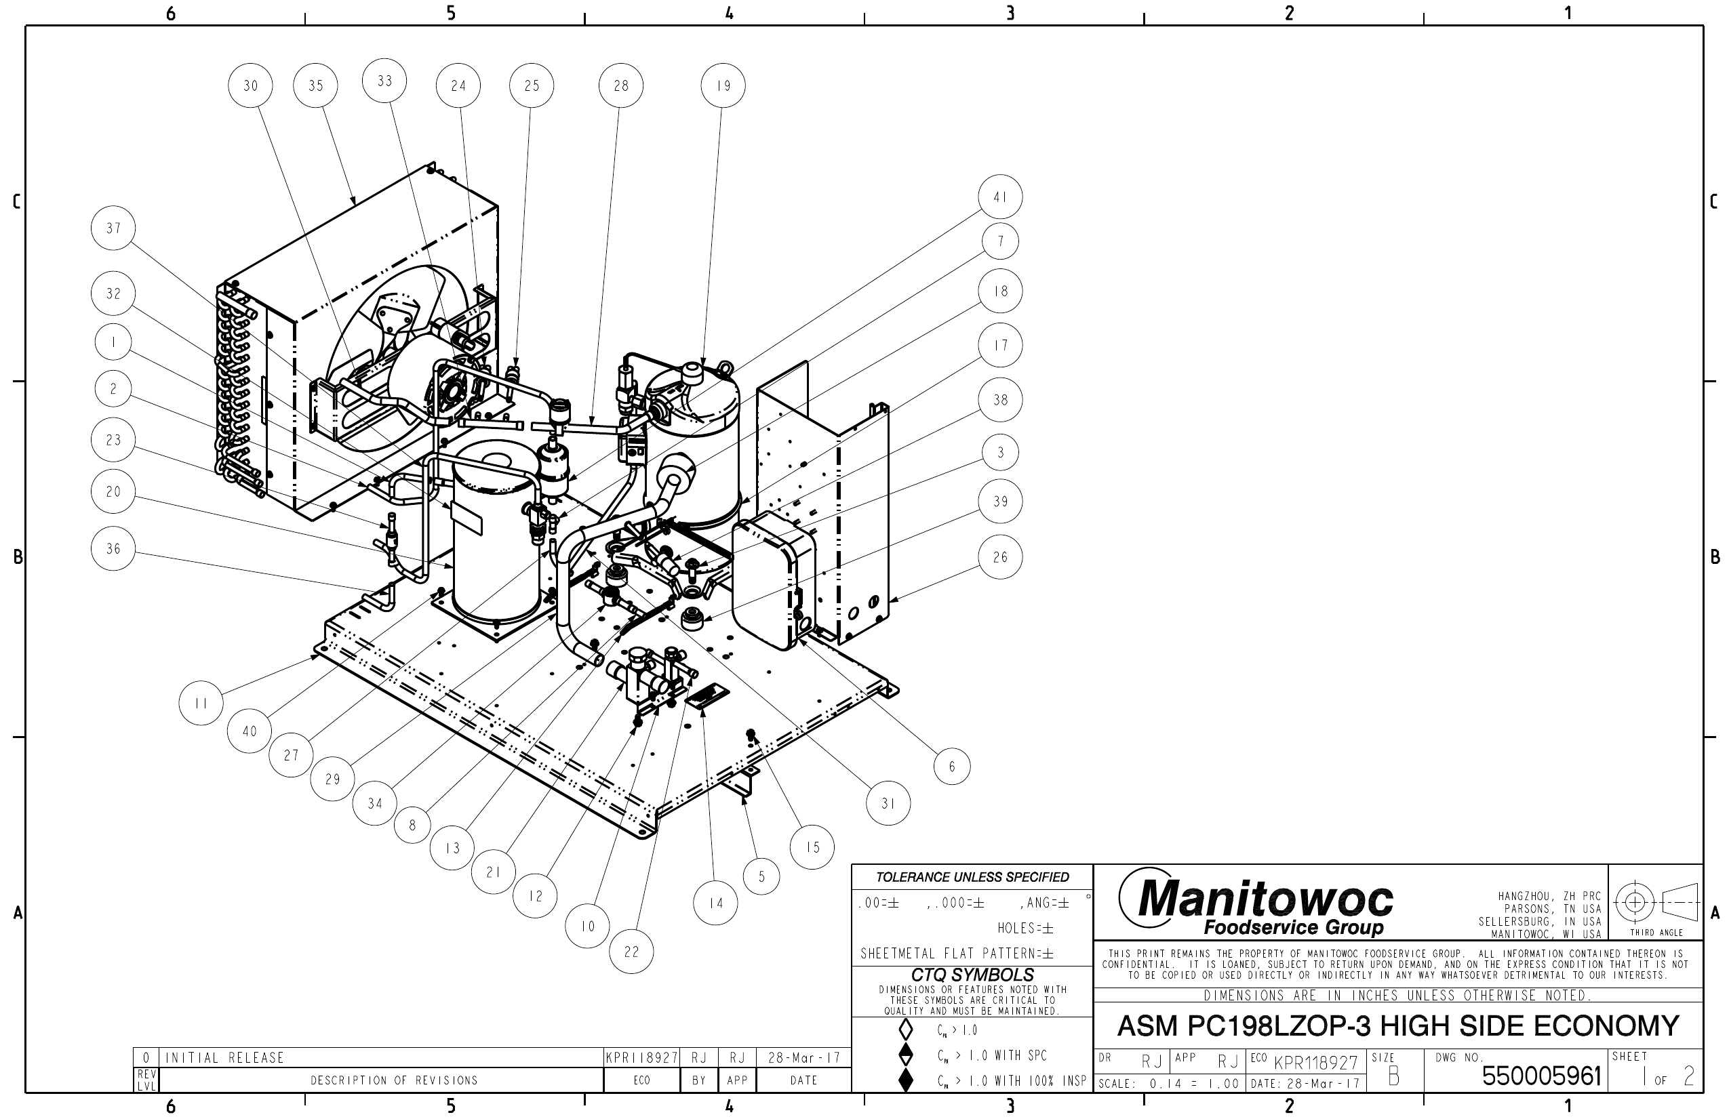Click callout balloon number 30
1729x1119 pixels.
(251, 85)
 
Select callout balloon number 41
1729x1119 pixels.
(1000, 197)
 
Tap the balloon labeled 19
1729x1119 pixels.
(723, 85)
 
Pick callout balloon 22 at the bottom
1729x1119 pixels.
(631, 952)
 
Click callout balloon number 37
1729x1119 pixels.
(113, 228)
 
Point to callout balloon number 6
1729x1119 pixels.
(952, 766)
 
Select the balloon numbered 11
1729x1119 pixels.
(201, 703)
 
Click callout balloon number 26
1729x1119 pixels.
(1000, 557)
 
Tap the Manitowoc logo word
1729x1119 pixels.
(1265, 899)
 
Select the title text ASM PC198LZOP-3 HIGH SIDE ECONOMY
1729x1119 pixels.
(1397, 1026)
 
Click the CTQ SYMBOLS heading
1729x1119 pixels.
(972, 975)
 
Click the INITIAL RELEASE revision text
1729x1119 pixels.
(224, 1058)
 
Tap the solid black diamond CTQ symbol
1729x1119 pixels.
(906, 1080)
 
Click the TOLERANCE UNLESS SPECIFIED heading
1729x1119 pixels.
(972, 877)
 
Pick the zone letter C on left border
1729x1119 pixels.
(16, 202)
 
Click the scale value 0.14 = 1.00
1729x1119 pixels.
(1193, 1084)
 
